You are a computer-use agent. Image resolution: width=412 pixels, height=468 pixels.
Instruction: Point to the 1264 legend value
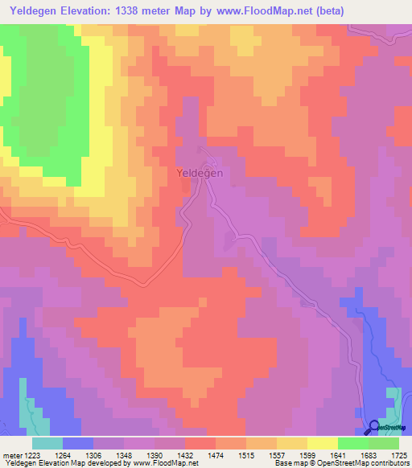77,454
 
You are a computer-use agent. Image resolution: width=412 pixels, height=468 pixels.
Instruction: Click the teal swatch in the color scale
47,442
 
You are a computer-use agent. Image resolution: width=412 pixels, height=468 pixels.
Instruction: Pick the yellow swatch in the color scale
322,442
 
